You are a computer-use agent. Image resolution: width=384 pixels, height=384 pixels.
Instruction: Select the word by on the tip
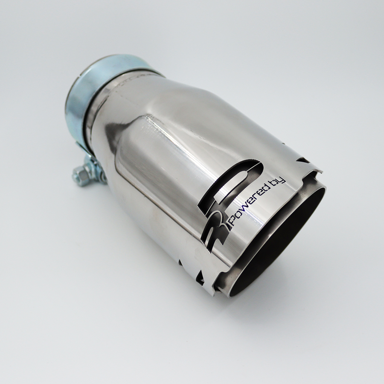click(279, 178)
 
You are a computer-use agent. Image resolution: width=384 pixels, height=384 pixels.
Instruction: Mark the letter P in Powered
click(231, 221)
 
